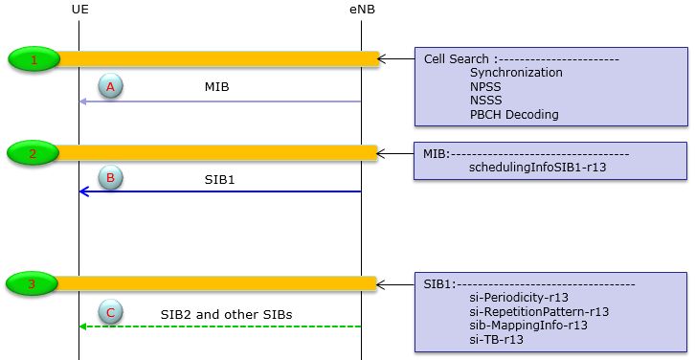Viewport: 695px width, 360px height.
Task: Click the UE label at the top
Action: pyautogui.click(x=79, y=9)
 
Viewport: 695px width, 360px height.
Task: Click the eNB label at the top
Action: pyautogui.click(x=361, y=9)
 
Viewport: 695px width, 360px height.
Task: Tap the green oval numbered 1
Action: pyautogui.click(x=34, y=60)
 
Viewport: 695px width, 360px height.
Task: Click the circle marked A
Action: pyautogui.click(x=110, y=86)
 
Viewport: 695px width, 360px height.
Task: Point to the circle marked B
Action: pyautogui.click(x=110, y=177)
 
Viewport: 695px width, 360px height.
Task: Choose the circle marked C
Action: pyautogui.click(x=110, y=312)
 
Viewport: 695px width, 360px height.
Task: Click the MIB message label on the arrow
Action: pyautogui.click(x=217, y=86)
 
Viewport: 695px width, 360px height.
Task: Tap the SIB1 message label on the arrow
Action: pyautogui.click(x=218, y=178)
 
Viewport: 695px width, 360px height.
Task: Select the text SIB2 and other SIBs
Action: pyautogui.click(x=226, y=313)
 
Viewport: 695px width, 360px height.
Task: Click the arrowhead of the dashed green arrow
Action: pyautogui.click(x=83, y=326)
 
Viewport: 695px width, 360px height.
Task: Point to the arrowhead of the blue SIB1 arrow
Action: pyautogui.click(x=83, y=191)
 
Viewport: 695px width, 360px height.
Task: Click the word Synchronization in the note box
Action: pyautogui.click(x=516, y=72)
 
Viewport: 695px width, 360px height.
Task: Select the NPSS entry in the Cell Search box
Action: pyautogui.click(x=486, y=86)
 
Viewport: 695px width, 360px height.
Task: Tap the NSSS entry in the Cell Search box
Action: pyautogui.click(x=486, y=101)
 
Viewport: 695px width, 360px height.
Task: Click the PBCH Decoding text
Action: pyautogui.click(x=514, y=115)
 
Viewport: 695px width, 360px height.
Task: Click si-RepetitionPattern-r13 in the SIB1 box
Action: pyautogui.click(x=539, y=311)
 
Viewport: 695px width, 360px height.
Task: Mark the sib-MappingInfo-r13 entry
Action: pyautogui.click(x=528, y=325)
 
